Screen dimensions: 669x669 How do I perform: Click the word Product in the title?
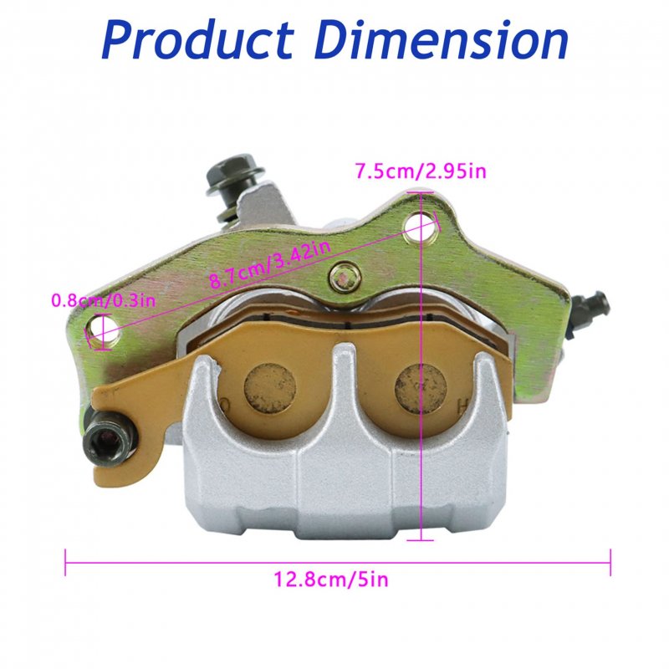tap(198, 41)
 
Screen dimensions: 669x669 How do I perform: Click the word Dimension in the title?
tap(442, 39)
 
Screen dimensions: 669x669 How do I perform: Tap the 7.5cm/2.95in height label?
tap(421, 171)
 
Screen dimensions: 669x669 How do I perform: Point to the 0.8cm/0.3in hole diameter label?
tap(103, 300)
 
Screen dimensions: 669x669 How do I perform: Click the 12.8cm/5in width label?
tap(331, 580)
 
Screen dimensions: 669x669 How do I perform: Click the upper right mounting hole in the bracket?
tap(421, 226)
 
